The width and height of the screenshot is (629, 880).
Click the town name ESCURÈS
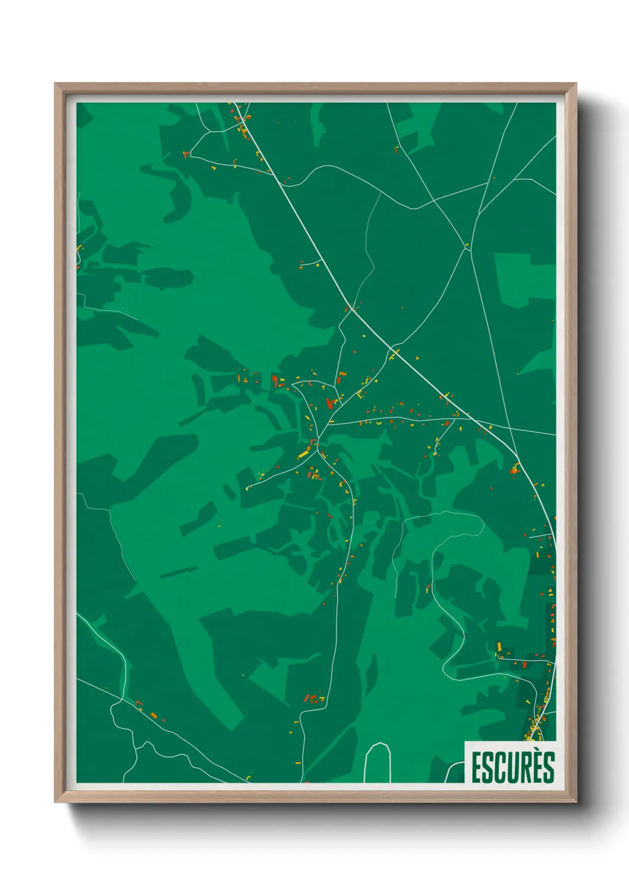(512, 767)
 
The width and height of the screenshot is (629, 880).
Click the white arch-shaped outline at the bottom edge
(378, 761)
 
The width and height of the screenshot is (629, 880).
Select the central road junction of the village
(318, 442)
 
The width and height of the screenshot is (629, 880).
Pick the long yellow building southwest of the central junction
(303, 455)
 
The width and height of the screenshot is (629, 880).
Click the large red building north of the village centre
(330, 403)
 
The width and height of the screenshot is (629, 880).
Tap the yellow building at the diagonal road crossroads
(394, 355)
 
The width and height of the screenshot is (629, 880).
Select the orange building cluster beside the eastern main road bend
(514, 470)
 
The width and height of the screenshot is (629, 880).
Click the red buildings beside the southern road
(312, 699)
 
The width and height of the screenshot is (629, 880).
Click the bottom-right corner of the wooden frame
(575, 801)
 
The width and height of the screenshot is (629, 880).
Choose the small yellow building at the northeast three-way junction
(467, 244)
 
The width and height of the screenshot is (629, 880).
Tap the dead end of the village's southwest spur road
(247, 488)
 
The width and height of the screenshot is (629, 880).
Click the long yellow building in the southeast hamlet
(499, 646)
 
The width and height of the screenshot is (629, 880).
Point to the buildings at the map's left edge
(79, 250)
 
